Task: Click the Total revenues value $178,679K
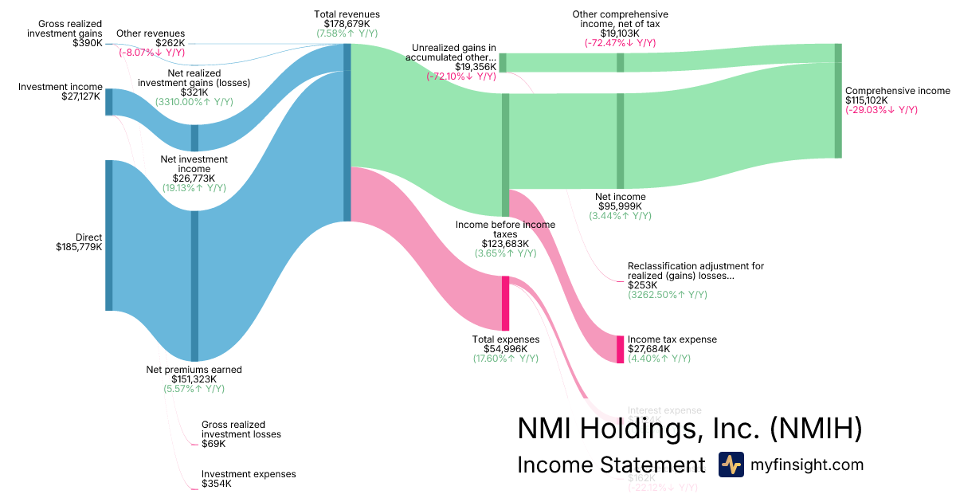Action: [x=347, y=24]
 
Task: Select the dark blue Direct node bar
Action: [x=109, y=235]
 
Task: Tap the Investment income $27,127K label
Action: [x=61, y=92]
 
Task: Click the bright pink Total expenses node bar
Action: [x=505, y=303]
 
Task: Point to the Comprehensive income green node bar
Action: [x=837, y=100]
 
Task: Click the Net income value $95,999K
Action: [x=621, y=206]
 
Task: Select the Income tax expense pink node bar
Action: [x=620, y=350]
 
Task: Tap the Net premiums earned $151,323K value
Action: [x=194, y=379]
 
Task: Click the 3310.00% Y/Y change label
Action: [x=194, y=102]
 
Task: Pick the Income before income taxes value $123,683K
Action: [x=505, y=244]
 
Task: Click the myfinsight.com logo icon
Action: [x=731, y=465]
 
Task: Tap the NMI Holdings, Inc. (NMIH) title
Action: [x=689, y=429]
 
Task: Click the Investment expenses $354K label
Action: [x=248, y=479]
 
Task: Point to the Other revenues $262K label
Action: [x=151, y=38]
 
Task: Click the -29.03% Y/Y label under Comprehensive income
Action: [x=881, y=110]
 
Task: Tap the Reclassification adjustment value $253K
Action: [x=642, y=285]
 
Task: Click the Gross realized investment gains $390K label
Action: [x=64, y=33]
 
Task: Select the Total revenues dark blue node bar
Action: [x=347, y=132]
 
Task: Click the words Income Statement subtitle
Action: [x=611, y=465]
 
